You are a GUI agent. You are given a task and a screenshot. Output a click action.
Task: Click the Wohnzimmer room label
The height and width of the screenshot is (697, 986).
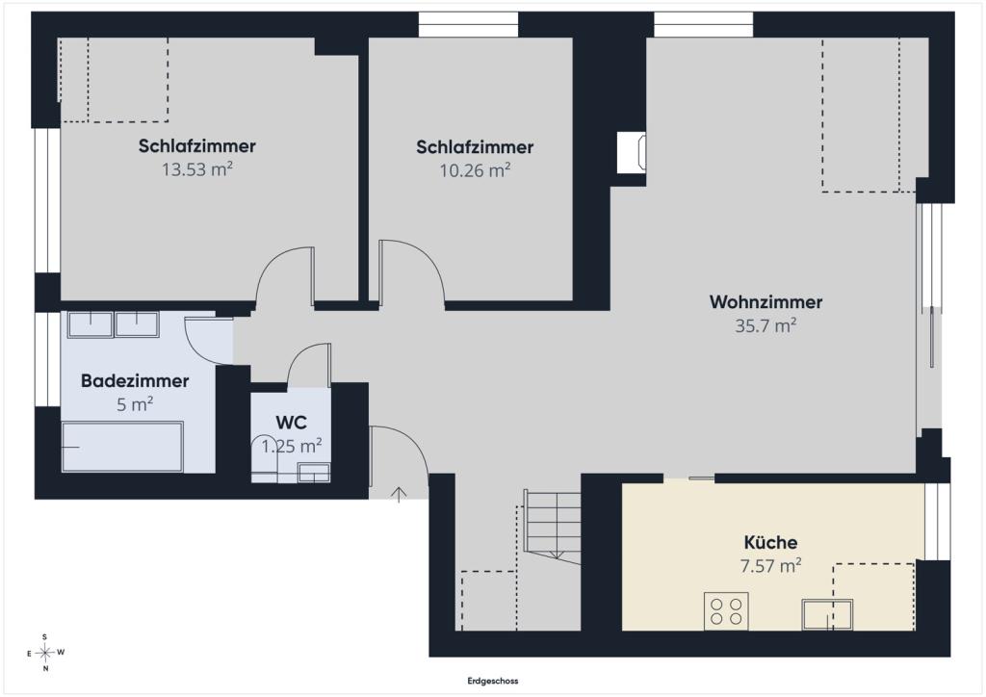tap(765, 302)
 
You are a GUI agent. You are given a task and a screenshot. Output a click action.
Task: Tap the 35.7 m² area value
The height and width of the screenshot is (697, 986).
tap(765, 325)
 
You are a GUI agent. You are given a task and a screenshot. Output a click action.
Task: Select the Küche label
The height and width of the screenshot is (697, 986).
tap(770, 542)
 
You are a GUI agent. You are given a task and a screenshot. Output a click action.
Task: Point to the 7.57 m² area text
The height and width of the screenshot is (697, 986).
tap(770, 566)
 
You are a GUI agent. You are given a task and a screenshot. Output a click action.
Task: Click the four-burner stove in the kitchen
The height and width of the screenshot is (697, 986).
tap(726, 610)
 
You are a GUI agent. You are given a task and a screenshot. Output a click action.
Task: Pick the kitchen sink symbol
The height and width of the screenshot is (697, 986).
tap(827, 614)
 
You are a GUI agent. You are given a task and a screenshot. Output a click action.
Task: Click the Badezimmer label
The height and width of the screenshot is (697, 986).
tap(135, 381)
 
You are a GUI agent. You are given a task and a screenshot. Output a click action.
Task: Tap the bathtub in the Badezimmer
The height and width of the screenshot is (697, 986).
tap(122, 447)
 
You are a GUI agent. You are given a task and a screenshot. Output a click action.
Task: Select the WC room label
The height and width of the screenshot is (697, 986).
tap(291, 423)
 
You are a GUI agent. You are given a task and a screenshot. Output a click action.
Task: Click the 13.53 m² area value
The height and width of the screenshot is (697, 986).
tap(197, 169)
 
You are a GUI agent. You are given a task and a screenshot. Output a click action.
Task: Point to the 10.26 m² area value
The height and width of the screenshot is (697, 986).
tap(475, 170)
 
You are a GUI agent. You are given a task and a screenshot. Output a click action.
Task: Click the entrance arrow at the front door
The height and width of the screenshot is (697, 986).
tap(399, 494)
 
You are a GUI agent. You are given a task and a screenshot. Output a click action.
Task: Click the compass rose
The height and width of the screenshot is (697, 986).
tap(45, 653)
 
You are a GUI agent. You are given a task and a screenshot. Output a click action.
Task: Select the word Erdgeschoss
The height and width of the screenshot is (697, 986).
tap(493, 681)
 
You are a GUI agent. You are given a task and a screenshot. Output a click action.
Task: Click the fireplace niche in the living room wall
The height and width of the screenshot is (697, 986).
tap(632, 152)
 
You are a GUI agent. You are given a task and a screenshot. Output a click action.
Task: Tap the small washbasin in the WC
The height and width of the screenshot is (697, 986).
tap(314, 473)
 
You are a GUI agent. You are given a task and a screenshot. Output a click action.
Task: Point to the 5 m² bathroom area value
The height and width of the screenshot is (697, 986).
tap(135, 404)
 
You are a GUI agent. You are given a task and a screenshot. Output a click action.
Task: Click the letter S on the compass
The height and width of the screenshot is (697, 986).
tap(44, 636)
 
